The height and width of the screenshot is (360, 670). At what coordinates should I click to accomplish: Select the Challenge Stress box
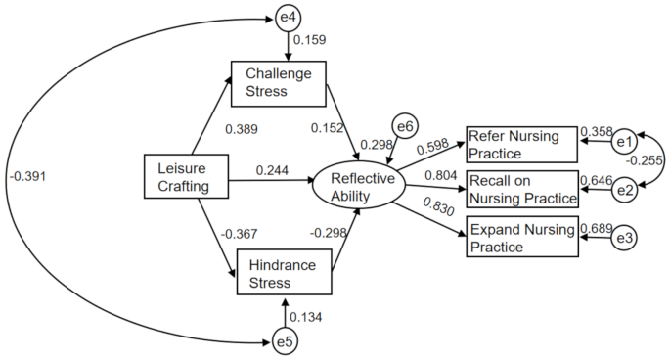278,82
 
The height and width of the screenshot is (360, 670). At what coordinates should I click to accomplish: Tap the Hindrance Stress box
285,274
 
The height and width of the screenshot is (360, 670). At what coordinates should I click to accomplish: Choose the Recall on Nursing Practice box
521,189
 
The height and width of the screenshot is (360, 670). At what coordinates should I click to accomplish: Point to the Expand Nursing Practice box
521,239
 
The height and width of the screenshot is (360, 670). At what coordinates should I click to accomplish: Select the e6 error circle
405,125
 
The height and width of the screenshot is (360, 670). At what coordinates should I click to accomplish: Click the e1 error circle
625,142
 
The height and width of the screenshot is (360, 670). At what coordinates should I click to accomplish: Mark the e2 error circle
625,189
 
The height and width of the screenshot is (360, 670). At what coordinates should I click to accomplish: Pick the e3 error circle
625,237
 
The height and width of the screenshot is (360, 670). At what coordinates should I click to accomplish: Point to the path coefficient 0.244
273,171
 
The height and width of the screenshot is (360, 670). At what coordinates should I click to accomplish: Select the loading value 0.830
436,209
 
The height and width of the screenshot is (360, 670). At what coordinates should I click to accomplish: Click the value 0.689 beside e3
597,228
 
